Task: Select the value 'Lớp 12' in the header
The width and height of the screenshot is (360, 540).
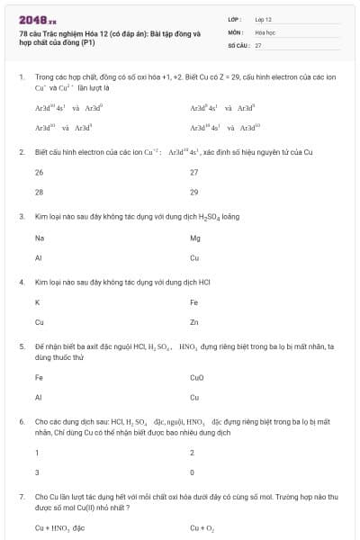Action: click(x=264, y=19)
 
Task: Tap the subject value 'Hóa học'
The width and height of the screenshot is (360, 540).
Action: click(x=265, y=31)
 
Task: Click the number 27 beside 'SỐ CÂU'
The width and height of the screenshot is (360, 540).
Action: click(x=258, y=44)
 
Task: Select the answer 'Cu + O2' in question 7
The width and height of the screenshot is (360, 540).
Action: click(x=201, y=527)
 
